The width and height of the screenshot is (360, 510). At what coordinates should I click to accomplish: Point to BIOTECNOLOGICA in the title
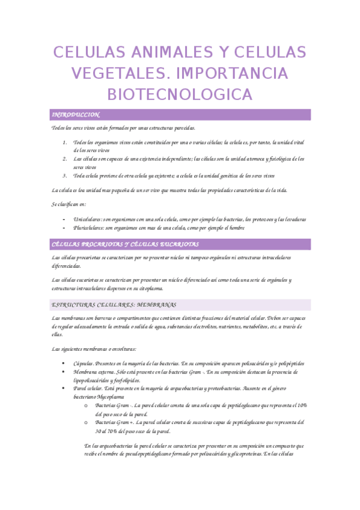point(180,94)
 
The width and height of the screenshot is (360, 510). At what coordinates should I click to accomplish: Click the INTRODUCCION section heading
point(76,115)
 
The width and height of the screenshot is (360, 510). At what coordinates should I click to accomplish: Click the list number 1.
point(65,143)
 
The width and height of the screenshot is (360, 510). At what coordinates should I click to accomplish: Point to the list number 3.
point(65,176)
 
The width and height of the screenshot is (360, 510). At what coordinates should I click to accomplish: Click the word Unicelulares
point(88,220)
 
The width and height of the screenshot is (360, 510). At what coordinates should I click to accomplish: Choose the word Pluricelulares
point(89,228)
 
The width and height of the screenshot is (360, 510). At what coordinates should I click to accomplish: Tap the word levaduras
point(293,220)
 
